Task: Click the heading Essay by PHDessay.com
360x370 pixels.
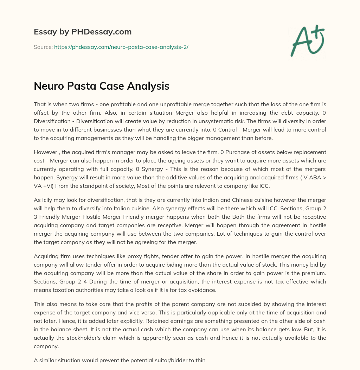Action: point(83,32)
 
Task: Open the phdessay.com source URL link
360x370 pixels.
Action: point(121,47)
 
